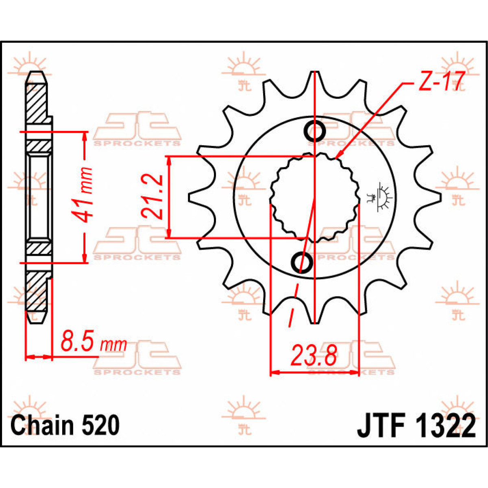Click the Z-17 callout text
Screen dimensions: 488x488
439,83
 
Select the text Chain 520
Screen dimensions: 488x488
65,426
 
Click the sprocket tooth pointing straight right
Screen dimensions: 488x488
434,197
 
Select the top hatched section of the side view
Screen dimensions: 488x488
36,102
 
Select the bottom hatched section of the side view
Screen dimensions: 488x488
36,291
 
